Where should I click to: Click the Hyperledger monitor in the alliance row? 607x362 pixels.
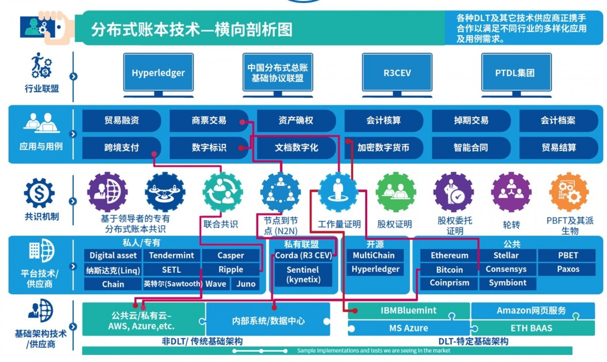coord(158,72)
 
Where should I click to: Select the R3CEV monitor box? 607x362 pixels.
coord(397,72)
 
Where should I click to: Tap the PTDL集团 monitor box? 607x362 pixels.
coord(516,72)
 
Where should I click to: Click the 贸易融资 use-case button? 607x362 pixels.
coord(121,120)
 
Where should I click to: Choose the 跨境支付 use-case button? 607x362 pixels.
coord(121,147)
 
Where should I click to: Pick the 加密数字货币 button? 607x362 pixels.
coord(383,147)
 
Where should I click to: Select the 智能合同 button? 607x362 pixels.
coord(471,147)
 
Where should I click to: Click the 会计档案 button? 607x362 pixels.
coord(558,120)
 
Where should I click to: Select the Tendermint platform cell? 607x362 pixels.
coord(171,255)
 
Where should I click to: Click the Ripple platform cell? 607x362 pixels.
coord(231,269)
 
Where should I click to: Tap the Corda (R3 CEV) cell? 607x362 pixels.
coord(303,255)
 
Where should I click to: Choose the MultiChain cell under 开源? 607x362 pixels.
coord(374,255)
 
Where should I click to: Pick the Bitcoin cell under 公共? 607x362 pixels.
coord(449,269)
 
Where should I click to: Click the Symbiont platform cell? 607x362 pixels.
coord(507,283)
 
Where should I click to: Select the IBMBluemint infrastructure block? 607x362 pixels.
coord(408,311)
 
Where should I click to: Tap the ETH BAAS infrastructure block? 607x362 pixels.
coord(532,328)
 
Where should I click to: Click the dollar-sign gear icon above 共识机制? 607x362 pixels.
coord(39,193)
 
